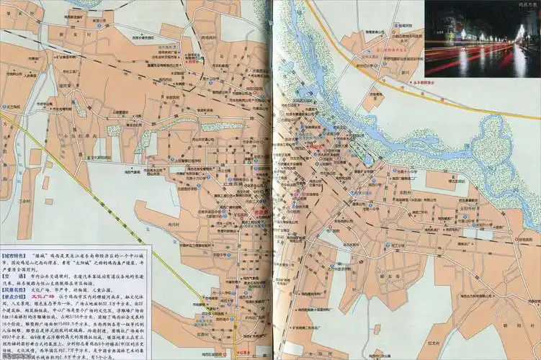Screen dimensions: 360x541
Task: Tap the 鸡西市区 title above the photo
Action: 528,4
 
